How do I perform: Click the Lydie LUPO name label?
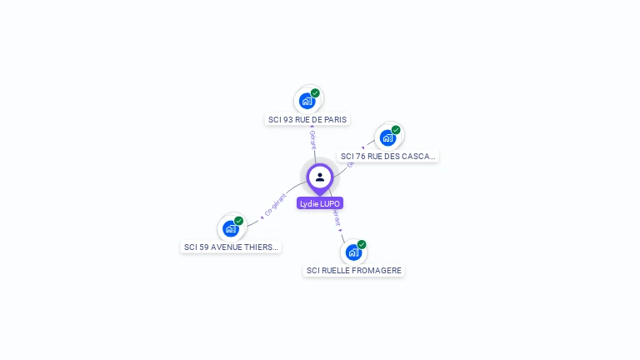point(320,203)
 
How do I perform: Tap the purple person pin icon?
point(320,177)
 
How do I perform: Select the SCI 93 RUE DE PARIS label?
point(307,119)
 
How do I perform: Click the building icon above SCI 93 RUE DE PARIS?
point(307,101)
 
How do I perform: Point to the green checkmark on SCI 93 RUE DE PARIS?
point(315,93)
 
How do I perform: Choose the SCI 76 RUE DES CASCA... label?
point(387,156)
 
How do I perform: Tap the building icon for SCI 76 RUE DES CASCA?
point(387,137)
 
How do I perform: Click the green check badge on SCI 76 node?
point(396,130)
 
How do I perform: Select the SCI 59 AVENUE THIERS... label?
point(231,247)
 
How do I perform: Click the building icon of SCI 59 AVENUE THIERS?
point(230,228)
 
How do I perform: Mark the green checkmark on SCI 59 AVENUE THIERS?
point(238,221)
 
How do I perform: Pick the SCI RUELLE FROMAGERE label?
point(354,270)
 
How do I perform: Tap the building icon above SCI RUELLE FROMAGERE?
point(353,252)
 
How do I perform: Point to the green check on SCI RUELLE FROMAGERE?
point(362,244)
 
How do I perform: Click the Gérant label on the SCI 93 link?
point(312,139)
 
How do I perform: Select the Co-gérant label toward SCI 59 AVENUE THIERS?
point(275,205)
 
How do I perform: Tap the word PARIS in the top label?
point(335,119)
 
